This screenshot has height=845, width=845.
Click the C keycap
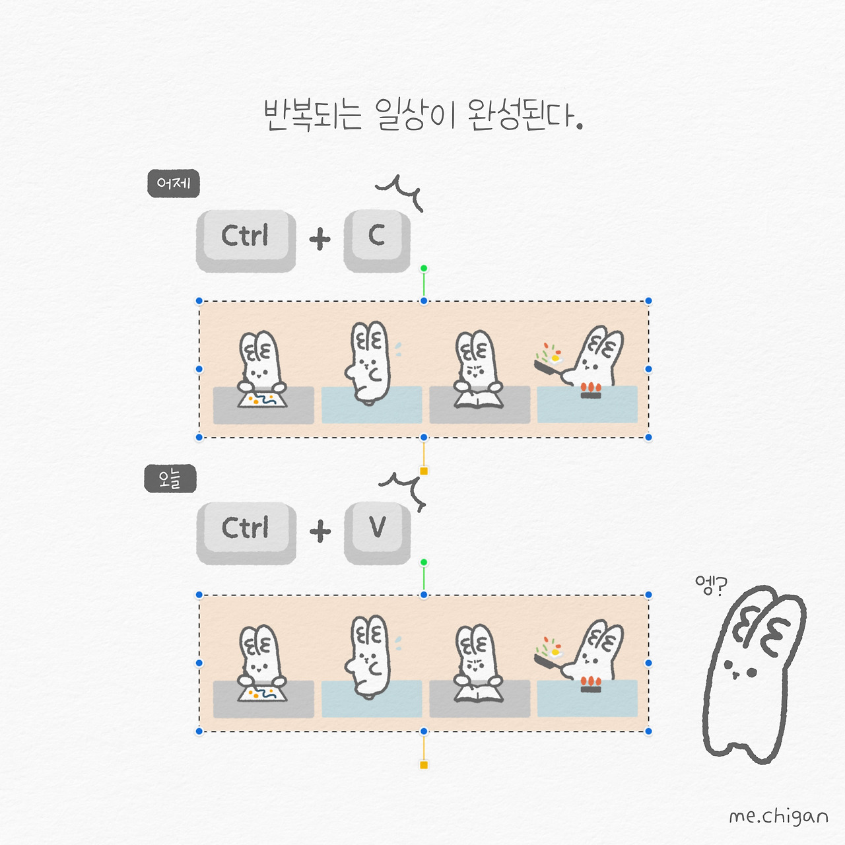click(x=377, y=240)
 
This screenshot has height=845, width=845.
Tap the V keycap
click(x=377, y=532)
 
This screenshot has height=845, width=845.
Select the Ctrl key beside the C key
click(x=246, y=241)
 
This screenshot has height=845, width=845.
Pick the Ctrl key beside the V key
click(x=246, y=533)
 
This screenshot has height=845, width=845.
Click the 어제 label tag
click(x=174, y=184)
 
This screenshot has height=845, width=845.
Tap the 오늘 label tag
click(x=170, y=479)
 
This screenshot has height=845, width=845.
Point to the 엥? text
click(x=711, y=586)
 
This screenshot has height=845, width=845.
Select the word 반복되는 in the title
click(x=313, y=115)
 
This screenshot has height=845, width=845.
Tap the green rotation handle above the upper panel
click(x=424, y=268)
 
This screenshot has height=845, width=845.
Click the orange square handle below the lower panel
click(x=424, y=765)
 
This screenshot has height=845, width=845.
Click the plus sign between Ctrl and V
click(x=320, y=531)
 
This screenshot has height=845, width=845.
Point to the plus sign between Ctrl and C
click(x=320, y=239)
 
